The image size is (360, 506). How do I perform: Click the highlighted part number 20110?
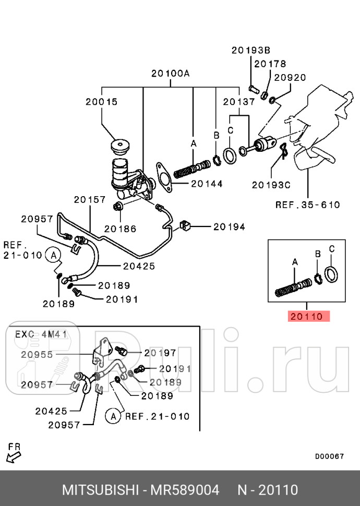(x=307, y=316)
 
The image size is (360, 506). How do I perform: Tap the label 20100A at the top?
(x=170, y=74)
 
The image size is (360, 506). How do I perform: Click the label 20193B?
(x=250, y=50)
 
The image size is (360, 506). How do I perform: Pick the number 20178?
(x=270, y=64)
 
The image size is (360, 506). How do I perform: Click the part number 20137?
(x=238, y=102)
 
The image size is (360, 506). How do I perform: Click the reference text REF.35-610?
(x=307, y=204)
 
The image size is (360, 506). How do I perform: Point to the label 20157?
(x=89, y=199)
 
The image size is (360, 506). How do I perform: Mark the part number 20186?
(x=120, y=228)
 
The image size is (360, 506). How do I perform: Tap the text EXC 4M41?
(x=41, y=334)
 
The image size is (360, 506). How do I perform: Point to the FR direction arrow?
(x=14, y=454)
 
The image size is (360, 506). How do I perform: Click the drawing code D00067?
(x=329, y=456)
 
